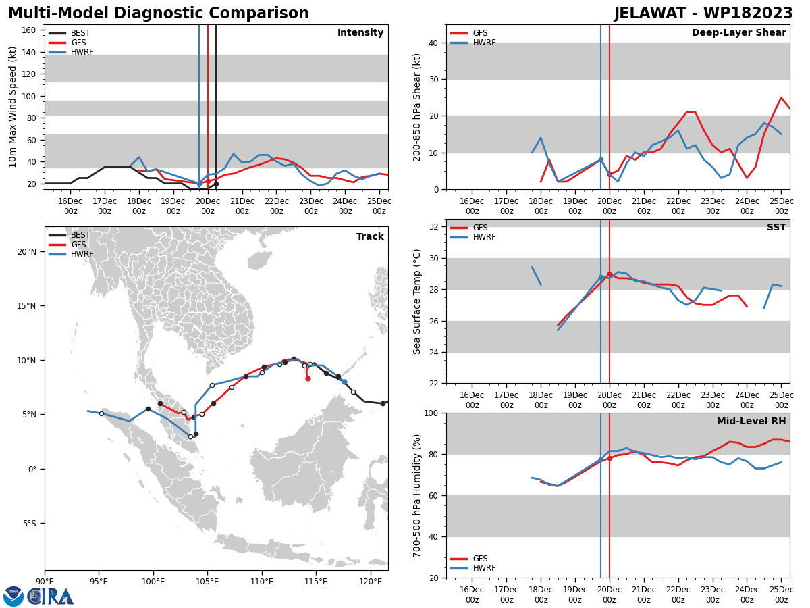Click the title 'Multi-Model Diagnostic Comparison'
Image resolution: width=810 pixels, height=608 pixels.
pos(159,14)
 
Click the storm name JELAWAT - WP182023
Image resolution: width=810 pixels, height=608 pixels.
pos(703,14)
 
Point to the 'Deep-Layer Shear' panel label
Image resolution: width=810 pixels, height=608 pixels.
pos(738,33)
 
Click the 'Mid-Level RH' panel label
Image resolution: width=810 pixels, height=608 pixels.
pos(751,422)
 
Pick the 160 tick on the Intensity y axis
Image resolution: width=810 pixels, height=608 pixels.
pos(28,30)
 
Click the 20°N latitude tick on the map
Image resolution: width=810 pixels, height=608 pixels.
pos(26,252)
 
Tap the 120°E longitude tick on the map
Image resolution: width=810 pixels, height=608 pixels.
pos(371,580)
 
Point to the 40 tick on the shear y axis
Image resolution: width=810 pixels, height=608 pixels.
pos(432,43)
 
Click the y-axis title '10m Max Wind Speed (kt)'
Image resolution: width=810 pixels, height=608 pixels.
pos(13,107)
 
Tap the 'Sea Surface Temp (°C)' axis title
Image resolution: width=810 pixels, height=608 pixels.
pos(418,301)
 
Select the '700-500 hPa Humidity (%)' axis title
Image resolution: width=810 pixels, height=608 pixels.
pos(418,495)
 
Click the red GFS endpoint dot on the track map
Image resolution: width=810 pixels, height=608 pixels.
pos(308,378)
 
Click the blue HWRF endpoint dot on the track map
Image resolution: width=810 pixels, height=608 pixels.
pos(344,382)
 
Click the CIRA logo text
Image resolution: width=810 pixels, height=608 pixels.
pos(51,597)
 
